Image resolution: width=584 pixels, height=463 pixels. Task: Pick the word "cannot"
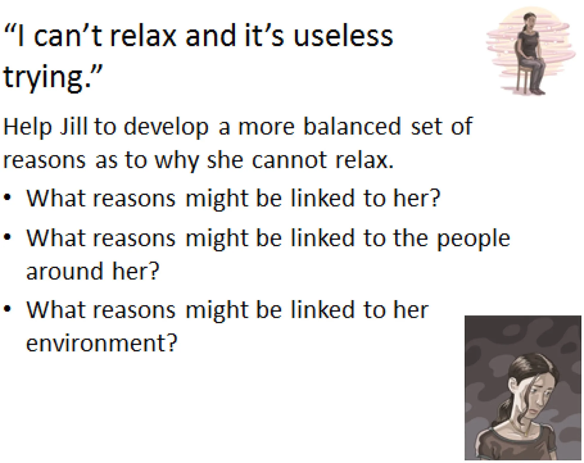(289, 160)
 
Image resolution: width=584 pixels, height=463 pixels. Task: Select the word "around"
(64, 271)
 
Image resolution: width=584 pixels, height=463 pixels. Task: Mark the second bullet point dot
(7, 237)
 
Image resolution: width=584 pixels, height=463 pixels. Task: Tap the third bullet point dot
(7, 308)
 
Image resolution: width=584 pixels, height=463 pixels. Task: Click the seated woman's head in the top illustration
(530, 21)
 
